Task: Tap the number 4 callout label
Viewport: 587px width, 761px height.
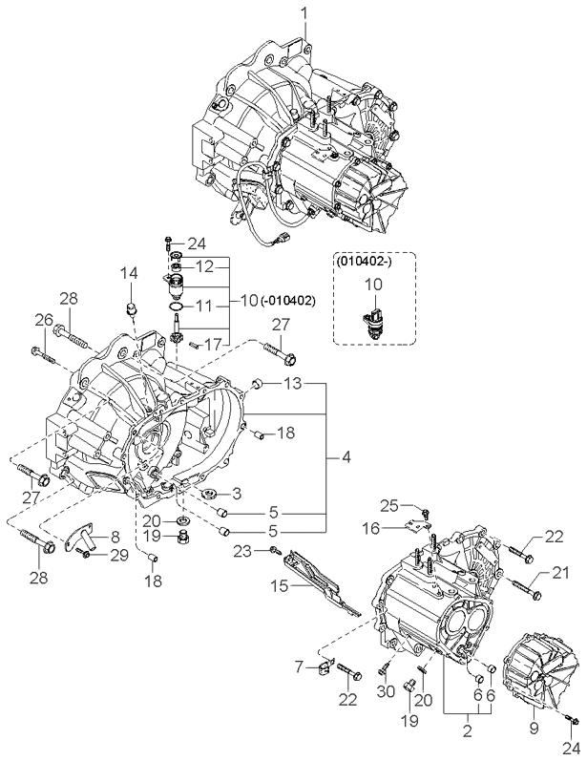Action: [346, 458]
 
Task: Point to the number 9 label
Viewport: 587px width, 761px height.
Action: [533, 728]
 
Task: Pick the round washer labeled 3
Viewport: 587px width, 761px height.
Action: [206, 495]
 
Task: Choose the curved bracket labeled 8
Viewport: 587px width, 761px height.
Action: [83, 537]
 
